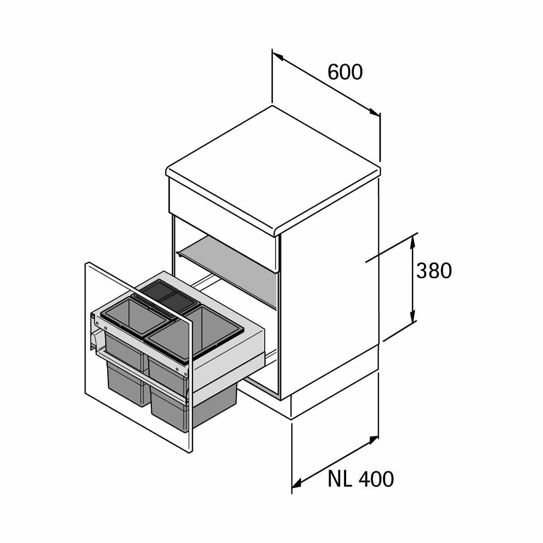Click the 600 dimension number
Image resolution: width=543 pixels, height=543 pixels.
[x=345, y=72]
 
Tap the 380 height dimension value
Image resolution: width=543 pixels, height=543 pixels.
[x=434, y=271]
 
